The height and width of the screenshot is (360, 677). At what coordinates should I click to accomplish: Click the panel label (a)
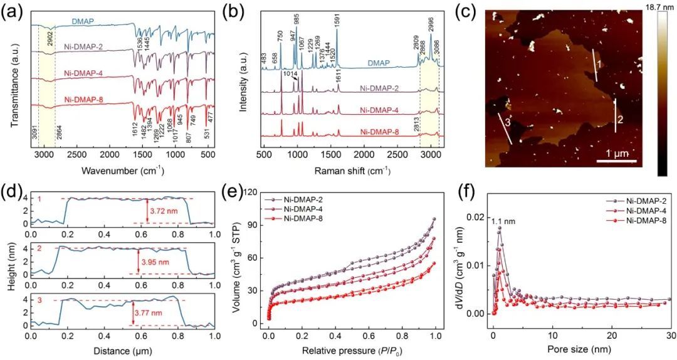click(14, 11)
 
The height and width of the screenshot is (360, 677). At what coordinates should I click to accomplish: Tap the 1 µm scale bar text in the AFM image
click(611, 152)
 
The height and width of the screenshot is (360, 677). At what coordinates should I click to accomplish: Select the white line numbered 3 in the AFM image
click(505, 129)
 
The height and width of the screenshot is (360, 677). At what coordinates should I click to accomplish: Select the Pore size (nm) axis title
click(581, 349)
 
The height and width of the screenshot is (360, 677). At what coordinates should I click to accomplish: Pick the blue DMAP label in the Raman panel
click(396, 63)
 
